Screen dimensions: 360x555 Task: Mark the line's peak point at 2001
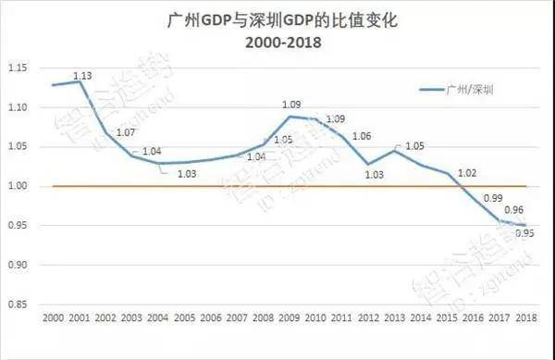pyautogui.click(x=79, y=81)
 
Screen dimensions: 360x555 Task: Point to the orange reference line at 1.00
pyautogui.click(x=277, y=186)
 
